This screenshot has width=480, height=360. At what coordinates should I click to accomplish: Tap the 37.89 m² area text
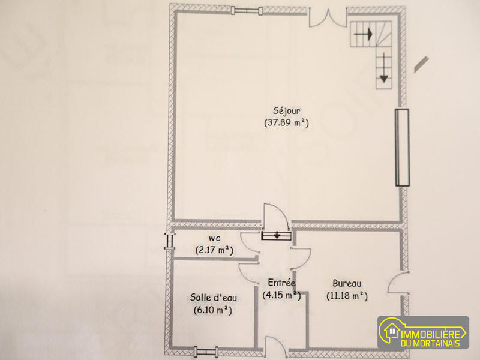tap(286, 123)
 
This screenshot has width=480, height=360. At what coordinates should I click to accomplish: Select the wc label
tap(214, 238)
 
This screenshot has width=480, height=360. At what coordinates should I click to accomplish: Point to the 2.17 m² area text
tap(214, 250)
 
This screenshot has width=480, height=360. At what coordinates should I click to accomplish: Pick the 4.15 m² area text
tap(281, 295)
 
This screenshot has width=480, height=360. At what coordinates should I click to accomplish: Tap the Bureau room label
tap(346, 284)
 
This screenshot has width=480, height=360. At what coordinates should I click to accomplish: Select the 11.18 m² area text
tap(347, 295)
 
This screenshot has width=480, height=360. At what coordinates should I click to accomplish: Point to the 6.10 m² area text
tap(212, 310)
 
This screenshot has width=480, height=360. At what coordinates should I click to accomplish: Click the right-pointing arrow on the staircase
tap(362, 35)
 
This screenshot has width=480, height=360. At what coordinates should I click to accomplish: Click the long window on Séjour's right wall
tap(401, 147)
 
